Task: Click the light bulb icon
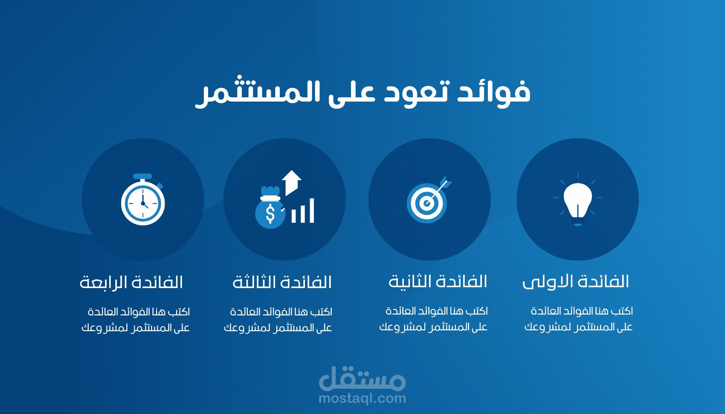578,200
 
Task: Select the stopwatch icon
143,199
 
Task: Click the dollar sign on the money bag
270,214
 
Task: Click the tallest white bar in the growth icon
312,210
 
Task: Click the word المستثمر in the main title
258,92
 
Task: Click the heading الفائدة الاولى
576,282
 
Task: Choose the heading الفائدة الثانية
438,282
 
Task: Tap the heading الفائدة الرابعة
131,282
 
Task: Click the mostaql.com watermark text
362,399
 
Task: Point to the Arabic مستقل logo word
362,378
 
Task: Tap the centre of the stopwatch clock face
143,204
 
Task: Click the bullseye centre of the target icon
427,204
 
